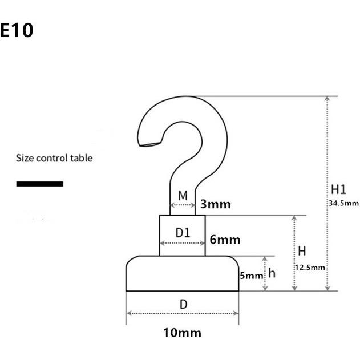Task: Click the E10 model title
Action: point(17,30)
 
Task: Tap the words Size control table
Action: point(54,158)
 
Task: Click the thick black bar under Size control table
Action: point(40,184)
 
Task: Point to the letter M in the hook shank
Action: point(183,196)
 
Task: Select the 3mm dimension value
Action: point(215,204)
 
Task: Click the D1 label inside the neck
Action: point(183,233)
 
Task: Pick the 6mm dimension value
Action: point(225,240)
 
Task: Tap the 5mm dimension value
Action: point(252,276)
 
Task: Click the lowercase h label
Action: point(272,273)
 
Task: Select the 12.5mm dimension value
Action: point(310,268)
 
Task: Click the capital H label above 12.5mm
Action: point(302,251)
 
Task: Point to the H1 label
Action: point(338,189)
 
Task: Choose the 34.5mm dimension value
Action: point(343,203)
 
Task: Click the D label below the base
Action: point(184,305)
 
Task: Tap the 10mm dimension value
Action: point(183,333)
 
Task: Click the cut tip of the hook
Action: point(149,144)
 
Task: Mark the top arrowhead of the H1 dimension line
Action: point(327,99)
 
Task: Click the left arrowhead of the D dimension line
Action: point(129,313)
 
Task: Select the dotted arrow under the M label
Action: point(183,205)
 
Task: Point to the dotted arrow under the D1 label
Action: point(183,243)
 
